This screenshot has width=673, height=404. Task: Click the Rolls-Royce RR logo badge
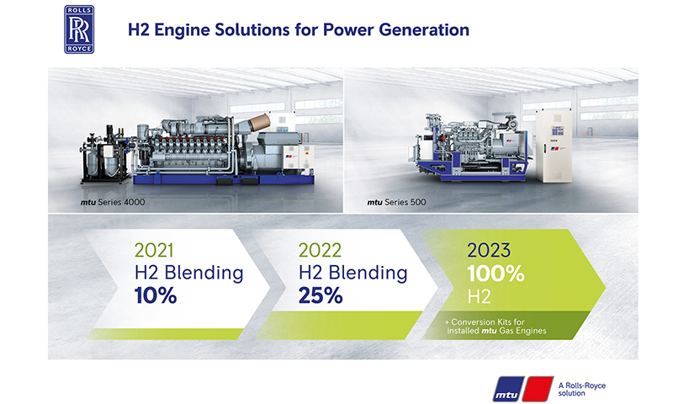click(79, 29)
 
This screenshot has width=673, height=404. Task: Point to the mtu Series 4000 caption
click(113, 202)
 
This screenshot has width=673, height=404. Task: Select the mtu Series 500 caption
click(396, 202)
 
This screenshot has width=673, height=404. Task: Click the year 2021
click(154, 250)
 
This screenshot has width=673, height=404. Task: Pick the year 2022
click(320, 250)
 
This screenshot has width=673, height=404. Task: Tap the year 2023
click(489, 250)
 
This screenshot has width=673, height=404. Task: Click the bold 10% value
click(156, 295)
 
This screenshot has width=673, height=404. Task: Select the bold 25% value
click(321, 295)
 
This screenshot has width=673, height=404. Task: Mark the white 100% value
click(495, 274)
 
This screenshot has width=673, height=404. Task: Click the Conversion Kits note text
click(495, 327)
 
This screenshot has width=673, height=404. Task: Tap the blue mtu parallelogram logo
click(508, 389)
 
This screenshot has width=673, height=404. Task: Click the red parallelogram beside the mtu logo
click(538, 389)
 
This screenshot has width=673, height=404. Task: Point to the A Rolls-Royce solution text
click(581, 390)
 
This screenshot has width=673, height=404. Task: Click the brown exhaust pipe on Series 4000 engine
click(259, 123)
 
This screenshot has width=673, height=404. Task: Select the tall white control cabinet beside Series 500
click(554, 146)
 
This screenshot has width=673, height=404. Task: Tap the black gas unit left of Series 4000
click(104, 155)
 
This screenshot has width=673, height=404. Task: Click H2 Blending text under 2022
click(352, 273)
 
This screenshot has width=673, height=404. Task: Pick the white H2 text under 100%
click(479, 296)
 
